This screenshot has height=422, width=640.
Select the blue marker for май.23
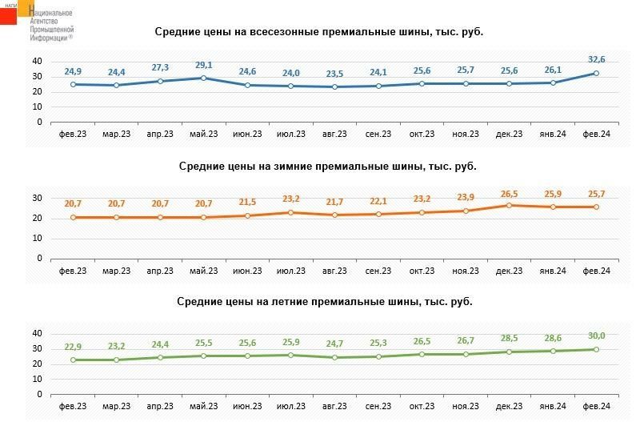coord(204,78)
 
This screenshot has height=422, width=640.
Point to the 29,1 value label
coord(204,65)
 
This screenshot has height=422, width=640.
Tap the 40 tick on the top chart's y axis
coord(37,62)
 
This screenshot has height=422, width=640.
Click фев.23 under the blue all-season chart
coord(73,135)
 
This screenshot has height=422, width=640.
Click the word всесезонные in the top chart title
coord(270,32)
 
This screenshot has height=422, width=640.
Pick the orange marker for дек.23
coord(510,205)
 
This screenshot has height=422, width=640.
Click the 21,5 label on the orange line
coord(247,203)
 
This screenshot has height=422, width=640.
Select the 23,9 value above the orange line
coord(466,197)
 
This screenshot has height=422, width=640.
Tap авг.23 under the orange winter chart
coord(334,271)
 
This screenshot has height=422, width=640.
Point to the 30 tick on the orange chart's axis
coord(37,198)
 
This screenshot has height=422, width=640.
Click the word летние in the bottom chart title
coord(278,302)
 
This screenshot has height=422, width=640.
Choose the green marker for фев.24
coord(597,349)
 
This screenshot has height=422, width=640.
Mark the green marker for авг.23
coord(334,357)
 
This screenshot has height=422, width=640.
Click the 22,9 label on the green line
coord(73,346)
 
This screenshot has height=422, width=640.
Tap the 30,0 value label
coord(597,336)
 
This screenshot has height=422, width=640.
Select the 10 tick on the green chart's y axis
coord(37,379)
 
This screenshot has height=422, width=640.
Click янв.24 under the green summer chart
coord(553,407)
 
